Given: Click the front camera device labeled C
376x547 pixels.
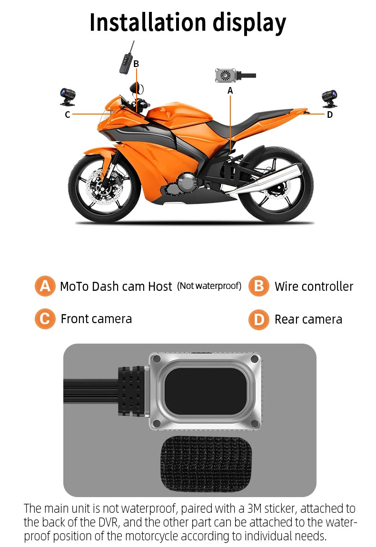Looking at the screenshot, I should click(64, 96).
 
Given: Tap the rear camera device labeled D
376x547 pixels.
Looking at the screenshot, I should click(328, 97).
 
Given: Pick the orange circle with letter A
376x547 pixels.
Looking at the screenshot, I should click(45, 286).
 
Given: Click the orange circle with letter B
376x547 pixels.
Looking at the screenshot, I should click(258, 286).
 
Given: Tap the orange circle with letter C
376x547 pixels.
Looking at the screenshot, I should click(45, 318).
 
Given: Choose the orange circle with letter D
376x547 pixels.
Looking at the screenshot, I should click(258, 319).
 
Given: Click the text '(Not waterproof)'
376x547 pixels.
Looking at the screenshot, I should click(209, 286).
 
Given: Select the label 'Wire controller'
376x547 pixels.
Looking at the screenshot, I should click(314, 287).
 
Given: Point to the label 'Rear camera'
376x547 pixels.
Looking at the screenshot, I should click(308, 319).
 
